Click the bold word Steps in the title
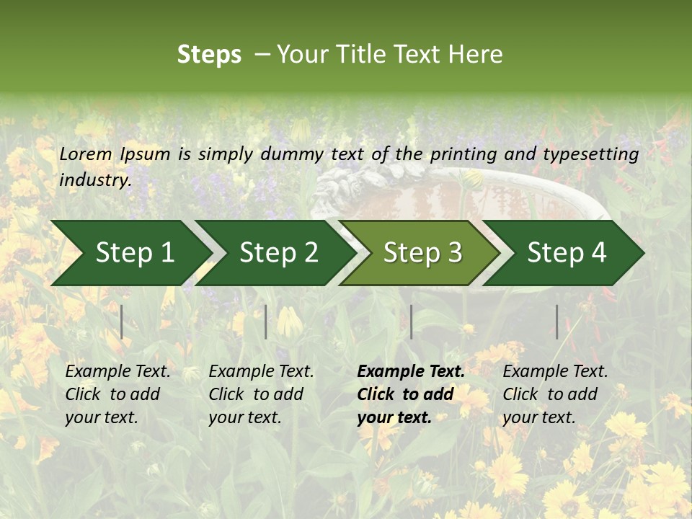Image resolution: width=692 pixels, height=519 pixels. click(209, 55)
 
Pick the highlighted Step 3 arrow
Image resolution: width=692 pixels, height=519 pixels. click(422, 253)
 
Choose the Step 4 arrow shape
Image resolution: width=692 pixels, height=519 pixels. click(567, 253)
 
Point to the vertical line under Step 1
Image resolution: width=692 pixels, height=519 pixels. click(122, 321)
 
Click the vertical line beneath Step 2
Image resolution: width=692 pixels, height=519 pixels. click(266, 321)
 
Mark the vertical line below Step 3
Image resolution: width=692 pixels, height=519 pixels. click(411, 321)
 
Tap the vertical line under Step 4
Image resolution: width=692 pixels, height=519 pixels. click(556, 321)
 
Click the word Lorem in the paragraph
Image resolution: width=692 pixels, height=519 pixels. click(86, 154)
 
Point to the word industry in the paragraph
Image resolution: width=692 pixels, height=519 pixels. click(95, 180)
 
